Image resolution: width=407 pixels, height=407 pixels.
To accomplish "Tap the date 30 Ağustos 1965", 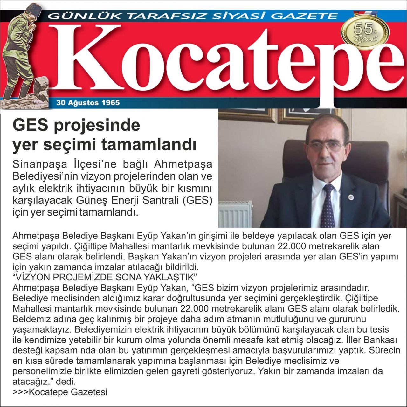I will [88, 103].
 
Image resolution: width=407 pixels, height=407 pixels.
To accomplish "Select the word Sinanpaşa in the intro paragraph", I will [40, 165].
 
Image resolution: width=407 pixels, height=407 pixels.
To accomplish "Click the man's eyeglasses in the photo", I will [326, 146].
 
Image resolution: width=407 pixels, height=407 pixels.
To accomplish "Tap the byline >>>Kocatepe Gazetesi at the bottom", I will [60, 392].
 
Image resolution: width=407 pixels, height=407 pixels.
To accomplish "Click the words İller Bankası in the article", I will [374, 340].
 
